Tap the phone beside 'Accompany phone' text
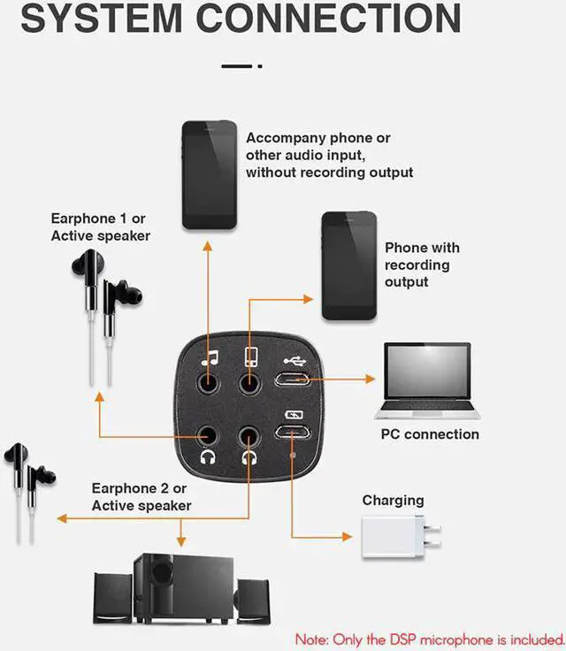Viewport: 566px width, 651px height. coord(209,174)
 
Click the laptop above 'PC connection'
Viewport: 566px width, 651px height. coord(428,380)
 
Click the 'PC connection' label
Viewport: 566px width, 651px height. coord(430,434)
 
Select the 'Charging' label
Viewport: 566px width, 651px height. coord(393,501)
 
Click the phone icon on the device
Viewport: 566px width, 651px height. coord(250,358)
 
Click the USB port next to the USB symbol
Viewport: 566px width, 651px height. coord(292,379)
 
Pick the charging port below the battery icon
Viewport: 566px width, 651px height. coord(292,433)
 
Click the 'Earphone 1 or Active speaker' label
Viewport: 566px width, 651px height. coord(101,227)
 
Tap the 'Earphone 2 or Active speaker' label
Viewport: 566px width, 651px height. coord(141,496)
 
